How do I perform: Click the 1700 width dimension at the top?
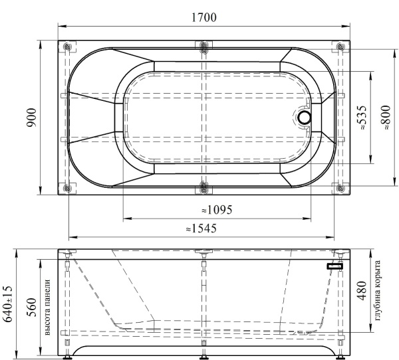(204, 18)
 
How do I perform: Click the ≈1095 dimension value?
(216, 210)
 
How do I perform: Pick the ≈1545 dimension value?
(203, 228)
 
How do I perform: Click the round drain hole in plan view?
(305, 118)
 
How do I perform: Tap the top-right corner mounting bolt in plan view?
(340, 47)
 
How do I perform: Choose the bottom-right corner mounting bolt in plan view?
(340, 188)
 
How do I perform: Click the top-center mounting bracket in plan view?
(204, 47)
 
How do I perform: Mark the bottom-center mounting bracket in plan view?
(204, 188)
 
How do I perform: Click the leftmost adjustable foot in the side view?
(68, 355)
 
